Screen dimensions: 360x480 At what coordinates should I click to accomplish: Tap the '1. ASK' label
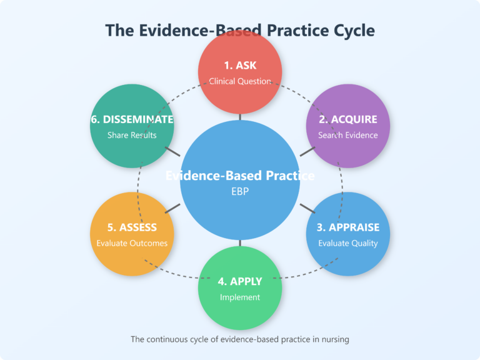tap(240, 66)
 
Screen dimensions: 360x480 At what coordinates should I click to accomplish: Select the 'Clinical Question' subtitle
tap(240, 81)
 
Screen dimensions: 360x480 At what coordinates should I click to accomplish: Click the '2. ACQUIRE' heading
tap(347, 119)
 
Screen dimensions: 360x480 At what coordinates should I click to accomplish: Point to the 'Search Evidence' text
tap(347, 135)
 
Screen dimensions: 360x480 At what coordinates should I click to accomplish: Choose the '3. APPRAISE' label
tap(347, 227)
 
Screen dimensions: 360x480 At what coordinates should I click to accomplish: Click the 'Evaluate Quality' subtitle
tap(347, 243)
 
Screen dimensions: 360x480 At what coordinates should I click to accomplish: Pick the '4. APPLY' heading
tap(240, 281)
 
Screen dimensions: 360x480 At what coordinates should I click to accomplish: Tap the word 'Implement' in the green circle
tap(240, 297)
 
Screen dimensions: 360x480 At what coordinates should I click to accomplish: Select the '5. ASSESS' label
tap(132, 227)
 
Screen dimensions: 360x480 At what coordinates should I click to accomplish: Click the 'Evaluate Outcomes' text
tap(132, 243)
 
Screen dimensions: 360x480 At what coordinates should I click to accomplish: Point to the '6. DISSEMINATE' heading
tap(132, 119)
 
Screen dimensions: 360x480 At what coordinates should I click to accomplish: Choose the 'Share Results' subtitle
tap(132, 135)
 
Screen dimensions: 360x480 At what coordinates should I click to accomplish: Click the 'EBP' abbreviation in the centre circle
tap(240, 192)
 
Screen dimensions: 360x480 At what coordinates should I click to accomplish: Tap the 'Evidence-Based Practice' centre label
tap(240, 176)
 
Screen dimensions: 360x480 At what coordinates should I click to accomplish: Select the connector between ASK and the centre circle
tap(240, 116)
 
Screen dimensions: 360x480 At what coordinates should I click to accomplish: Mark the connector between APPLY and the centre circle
tap(240, 242)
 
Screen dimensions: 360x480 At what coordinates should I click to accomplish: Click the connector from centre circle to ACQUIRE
tap(307, 151)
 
